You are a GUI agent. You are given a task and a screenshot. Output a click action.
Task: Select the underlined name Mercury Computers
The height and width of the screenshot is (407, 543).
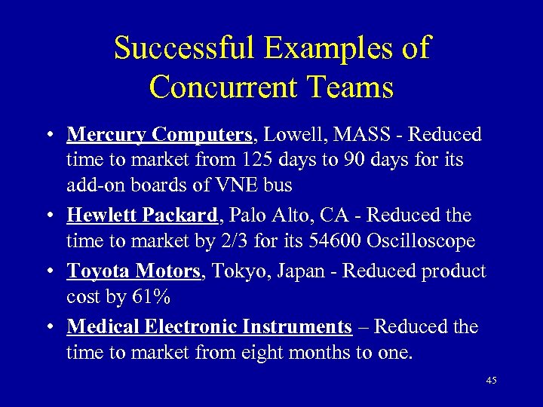159,135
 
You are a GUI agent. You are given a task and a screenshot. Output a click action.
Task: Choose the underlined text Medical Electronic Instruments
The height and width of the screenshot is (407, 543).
209,326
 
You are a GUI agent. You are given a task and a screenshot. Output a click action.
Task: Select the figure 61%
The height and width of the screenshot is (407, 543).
152,297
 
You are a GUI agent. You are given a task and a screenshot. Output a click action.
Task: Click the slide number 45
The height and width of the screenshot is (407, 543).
491,381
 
